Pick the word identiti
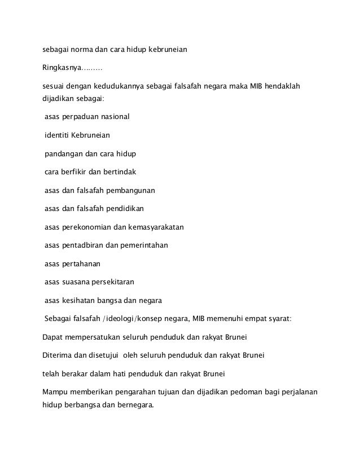[x=57, y=136]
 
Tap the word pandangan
[x=63, y=154]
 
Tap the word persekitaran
[x=117, y=282]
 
